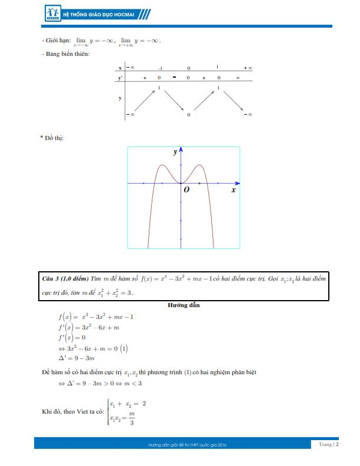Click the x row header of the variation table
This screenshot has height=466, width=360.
119,68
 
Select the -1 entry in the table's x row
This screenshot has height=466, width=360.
160,68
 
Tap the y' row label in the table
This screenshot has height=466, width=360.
120,78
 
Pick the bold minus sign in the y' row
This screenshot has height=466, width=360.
174,78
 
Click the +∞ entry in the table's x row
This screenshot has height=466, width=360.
248,68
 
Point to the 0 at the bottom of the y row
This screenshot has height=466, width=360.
189,114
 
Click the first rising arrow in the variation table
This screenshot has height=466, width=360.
145,100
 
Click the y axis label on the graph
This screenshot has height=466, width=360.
175,152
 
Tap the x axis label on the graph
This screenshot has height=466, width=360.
233,190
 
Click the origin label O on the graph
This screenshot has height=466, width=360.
186,190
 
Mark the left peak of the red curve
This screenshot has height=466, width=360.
162,165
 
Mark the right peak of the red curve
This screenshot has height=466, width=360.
200,165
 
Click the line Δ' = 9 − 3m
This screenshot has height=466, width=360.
76,358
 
